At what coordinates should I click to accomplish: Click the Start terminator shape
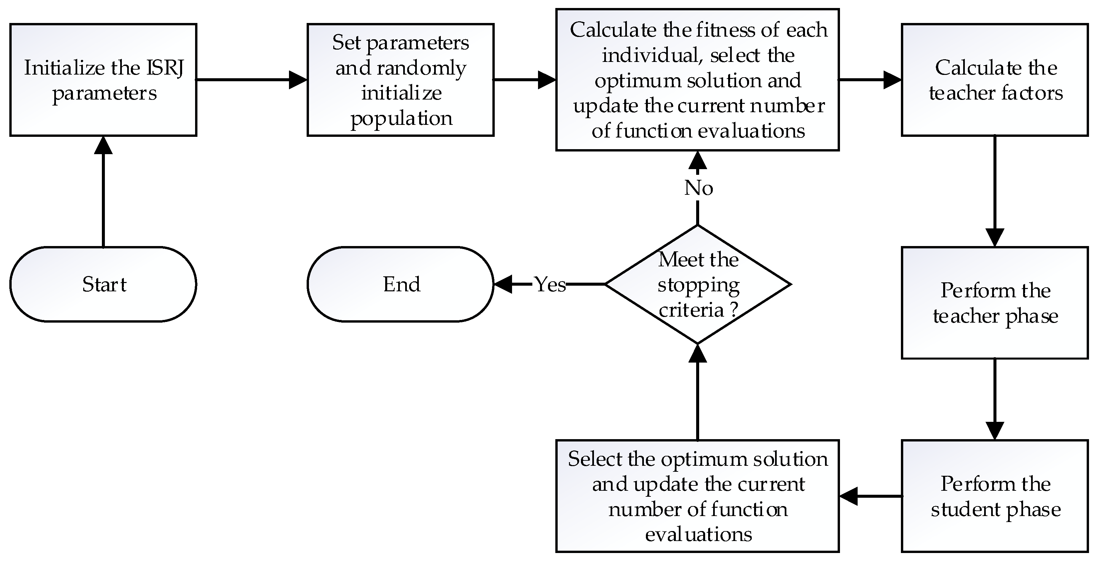[103, 284]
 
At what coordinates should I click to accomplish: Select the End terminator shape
[400, 284]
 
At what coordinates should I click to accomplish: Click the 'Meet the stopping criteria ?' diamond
[697, 284]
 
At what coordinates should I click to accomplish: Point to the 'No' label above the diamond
[698, 188]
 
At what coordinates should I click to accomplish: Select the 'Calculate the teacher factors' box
[995, 80]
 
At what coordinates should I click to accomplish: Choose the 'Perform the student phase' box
[995, 496]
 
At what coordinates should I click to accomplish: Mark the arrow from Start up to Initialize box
[103, 192]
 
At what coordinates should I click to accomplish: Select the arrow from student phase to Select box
[871, 496]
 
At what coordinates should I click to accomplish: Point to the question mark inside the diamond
[733, 310]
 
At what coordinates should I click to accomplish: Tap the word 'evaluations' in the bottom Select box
[698, 534]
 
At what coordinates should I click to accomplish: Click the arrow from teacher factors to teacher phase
[995, 192]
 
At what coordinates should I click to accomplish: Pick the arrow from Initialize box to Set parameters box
[251, 80]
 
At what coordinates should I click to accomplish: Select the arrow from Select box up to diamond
[697, 392]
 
